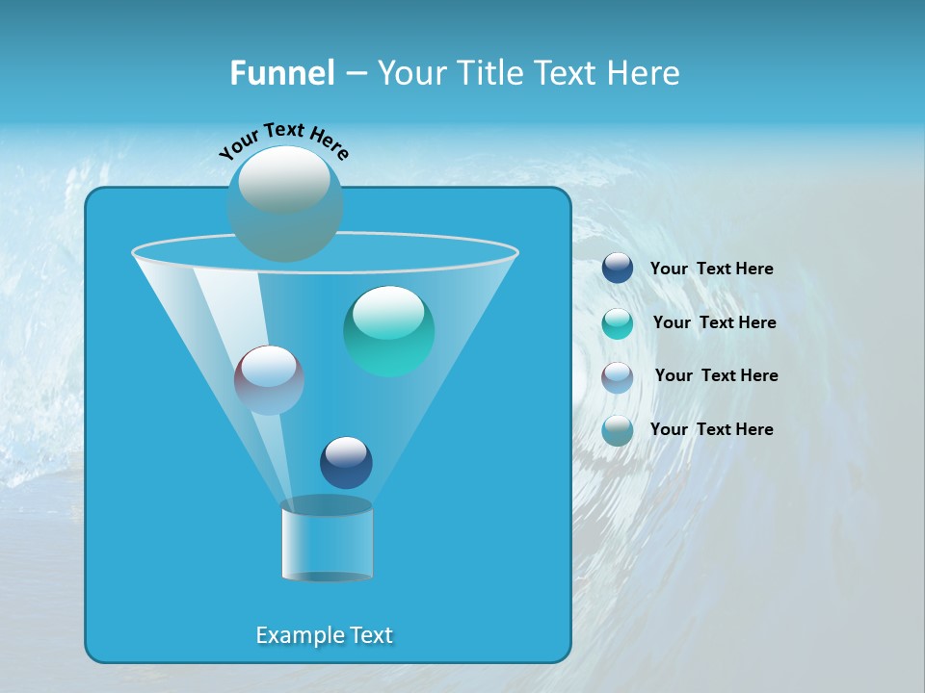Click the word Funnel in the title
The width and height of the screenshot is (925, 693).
281,73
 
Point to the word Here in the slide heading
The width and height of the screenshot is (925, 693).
644,73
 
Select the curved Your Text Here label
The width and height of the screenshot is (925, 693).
283,139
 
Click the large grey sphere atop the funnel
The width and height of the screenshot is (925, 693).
284,203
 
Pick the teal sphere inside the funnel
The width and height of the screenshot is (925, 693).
388,331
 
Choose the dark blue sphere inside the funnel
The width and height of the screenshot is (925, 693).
346,462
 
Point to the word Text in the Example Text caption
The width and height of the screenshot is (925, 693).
371,635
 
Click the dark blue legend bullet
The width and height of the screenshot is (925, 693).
618,268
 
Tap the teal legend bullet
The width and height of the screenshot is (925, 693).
618,323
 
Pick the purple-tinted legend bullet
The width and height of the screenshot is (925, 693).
618,377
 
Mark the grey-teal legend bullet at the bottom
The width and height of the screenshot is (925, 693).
618,430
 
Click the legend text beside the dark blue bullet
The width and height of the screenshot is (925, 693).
711,269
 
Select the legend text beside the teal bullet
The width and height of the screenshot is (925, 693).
714,322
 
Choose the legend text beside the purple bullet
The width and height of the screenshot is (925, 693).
716,375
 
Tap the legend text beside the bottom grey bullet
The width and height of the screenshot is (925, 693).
711,429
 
